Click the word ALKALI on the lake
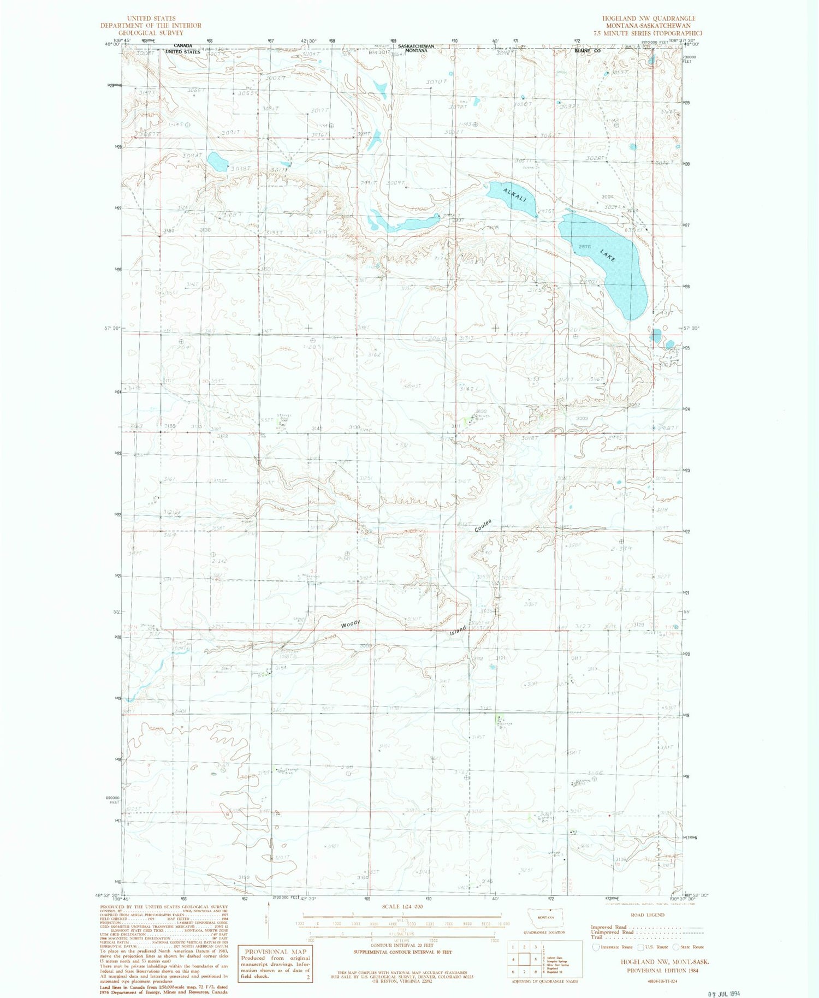point(515,195)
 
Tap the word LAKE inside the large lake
point(608,255)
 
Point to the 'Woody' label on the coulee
point(350,623)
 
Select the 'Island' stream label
point(458,631)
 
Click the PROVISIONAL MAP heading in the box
point(276,952)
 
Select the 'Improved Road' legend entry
point(608,927)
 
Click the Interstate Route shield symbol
point(596,947)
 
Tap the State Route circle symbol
point(676,947)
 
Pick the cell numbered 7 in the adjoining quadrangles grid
point(524,972)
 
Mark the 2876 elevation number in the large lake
point(585,246)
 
